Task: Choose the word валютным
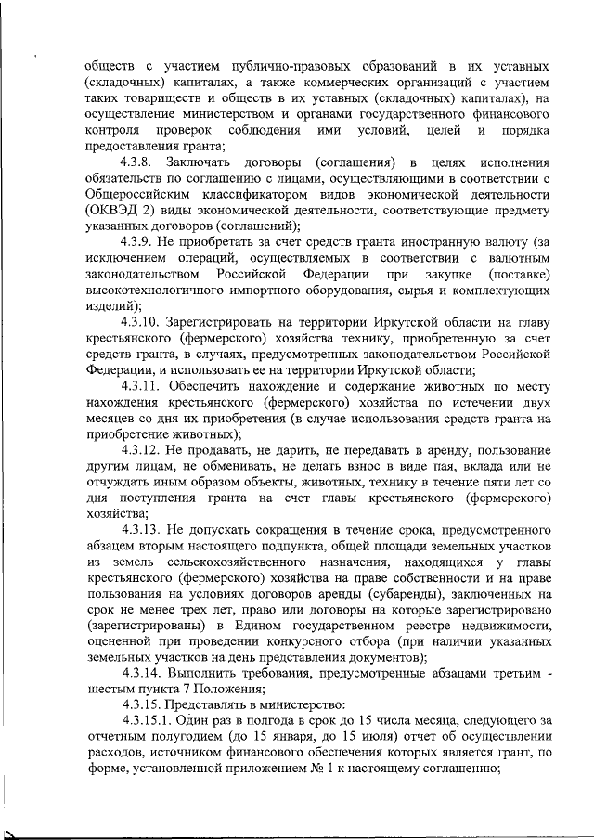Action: click(520, 256)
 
